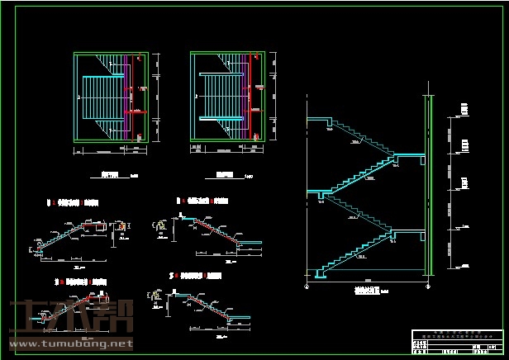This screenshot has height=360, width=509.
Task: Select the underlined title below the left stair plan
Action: point(109,175)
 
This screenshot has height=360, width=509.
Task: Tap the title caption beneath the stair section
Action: point(366,291)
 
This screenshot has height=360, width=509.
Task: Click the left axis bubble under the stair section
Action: point(307,287)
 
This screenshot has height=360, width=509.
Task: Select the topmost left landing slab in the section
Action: point(319,121)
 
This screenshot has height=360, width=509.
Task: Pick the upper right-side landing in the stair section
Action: point(407,154)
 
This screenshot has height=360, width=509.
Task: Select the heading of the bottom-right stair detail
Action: point(195,273)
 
